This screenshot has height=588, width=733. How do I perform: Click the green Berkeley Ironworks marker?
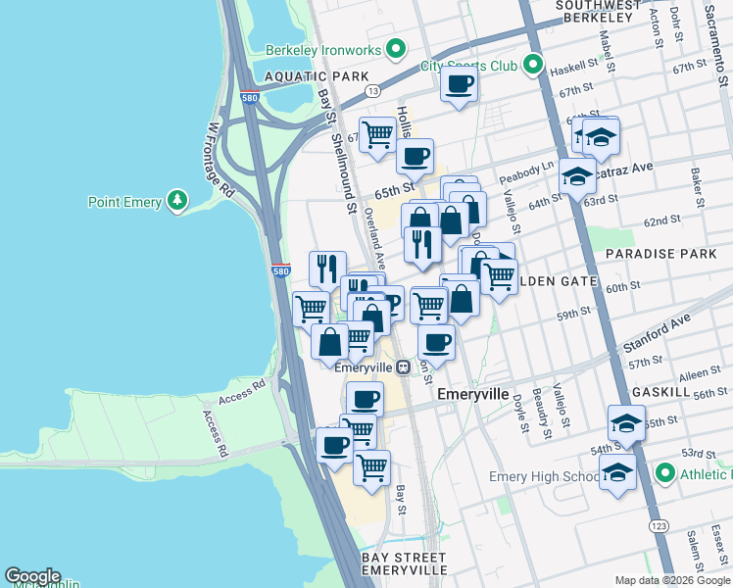[x=396, y=48]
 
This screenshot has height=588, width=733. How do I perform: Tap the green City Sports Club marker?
[x=532, y=66]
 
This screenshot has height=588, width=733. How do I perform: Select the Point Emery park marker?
[x=176, y=202]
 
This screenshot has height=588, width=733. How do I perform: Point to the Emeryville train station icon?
[x=403, y=367]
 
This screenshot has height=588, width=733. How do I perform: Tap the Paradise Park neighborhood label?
[x=660, y=254]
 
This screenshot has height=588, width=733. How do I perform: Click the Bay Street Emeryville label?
[x=404, y=563]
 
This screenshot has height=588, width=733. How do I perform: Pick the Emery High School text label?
[x=544, y=477]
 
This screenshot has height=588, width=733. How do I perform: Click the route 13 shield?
[x=372, y=90]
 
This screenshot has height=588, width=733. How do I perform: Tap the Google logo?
[x=32, y=576]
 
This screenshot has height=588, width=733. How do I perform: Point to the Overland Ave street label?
[x=374, y=236]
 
